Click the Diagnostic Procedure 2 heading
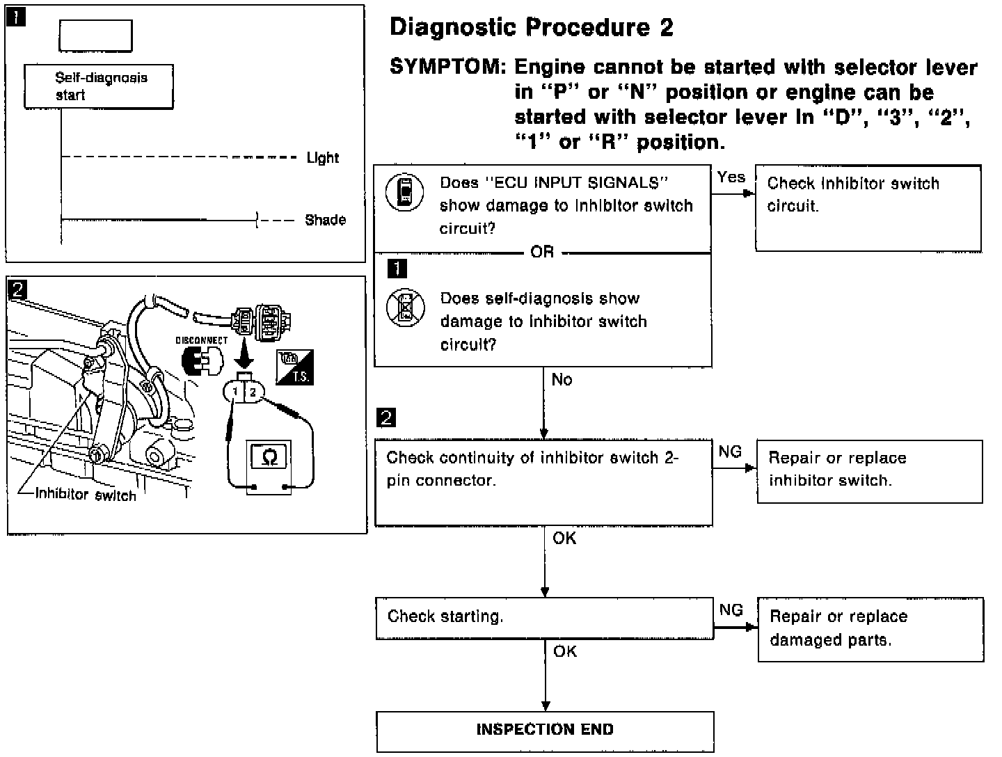[x=532, y=27]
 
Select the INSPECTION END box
[x=545, y=731]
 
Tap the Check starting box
[x=544, y=618]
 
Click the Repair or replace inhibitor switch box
[x=869, y=471]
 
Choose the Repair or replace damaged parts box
[x=870, y=629]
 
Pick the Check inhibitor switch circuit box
[x=868, y=207]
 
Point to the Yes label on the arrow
[x=731, y=177]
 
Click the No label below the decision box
[x=562, y=380]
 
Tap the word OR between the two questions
[x=542, y=252]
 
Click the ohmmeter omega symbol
[x=269, y=457]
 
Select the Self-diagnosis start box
[x=98, y=87]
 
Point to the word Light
[x=323, y=158]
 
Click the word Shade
[x=325, y=221]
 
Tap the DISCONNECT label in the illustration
[x=201, y=341]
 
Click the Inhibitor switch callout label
[x=86, y=495]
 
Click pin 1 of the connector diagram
[x=235, y=393]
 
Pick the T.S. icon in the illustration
[x=295, y=367]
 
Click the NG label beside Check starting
[x=731, y=610]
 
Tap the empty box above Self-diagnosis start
[x=95, y=35]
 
